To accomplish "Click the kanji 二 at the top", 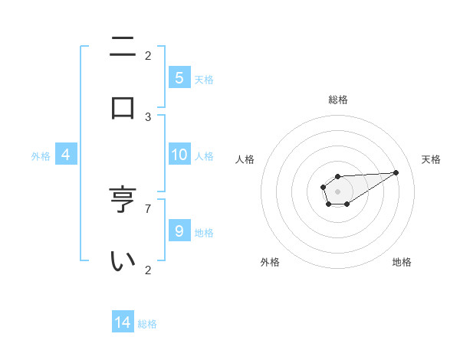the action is click(123, 47).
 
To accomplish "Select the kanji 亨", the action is click(123, 201).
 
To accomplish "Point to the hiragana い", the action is click(123, 261).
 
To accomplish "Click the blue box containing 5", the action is click(179, 77).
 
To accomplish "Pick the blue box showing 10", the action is click(179, 155).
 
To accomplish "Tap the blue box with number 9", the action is click(179, 231).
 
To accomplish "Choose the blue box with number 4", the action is click(66, 155).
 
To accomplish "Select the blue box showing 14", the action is click(123, 322).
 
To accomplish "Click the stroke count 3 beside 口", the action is click(148, 117).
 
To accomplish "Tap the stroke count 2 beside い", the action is click(148, 269).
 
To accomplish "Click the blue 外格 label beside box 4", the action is click(41, 155).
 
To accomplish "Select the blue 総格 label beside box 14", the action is click(147, 323).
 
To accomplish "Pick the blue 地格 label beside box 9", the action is click(204, 232).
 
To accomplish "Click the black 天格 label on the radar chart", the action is click(431, 159).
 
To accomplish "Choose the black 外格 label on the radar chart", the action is click(270, 262).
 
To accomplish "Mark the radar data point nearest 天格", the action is click(396, 172).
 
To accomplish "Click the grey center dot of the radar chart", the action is click(337, 191).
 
